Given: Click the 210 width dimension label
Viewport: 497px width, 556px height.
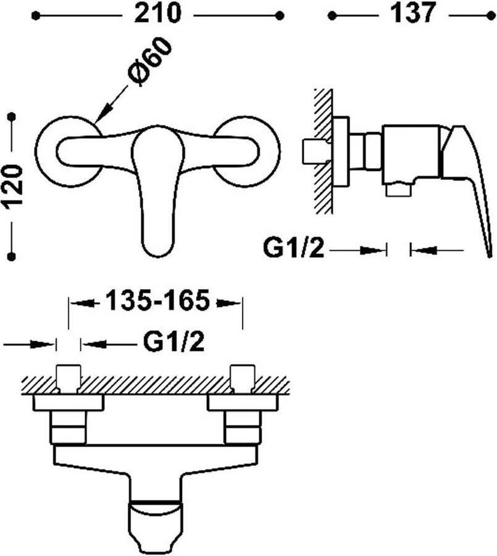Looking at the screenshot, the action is (158, 14).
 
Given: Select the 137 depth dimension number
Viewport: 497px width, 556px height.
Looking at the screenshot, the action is (412, 14).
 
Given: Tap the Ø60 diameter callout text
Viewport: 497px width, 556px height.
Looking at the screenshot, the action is (149, 62).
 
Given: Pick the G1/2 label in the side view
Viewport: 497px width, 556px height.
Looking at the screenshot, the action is (293, 248).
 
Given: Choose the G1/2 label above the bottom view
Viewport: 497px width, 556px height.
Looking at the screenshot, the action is (173, 342).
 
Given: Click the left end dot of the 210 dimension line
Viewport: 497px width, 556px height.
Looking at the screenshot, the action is (35, 15).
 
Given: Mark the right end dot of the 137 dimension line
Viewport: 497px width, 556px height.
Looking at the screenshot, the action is (491, 15).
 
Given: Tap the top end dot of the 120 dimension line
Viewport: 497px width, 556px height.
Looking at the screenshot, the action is (12, 116).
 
